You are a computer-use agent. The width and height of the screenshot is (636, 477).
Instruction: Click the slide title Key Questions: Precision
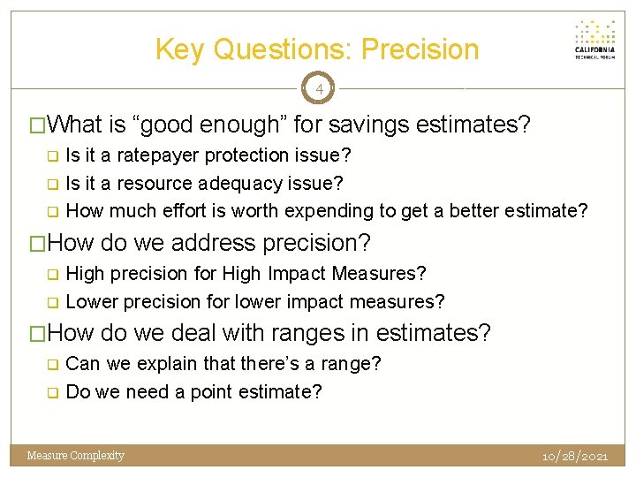point(317,49)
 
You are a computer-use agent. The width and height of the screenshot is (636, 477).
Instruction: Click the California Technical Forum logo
point(594,40)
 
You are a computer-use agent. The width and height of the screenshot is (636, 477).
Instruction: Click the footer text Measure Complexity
point(76,456)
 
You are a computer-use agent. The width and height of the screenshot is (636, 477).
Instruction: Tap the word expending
point(328,211)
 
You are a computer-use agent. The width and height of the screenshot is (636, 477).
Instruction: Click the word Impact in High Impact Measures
point(290,273)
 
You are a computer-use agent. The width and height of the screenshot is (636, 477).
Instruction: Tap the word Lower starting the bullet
point(90,301)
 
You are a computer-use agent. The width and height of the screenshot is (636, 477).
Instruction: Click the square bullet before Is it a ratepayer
point(52,156)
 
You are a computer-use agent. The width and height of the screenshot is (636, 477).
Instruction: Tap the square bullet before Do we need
point(52,392)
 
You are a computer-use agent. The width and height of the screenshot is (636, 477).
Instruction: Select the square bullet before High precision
point(52,274)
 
